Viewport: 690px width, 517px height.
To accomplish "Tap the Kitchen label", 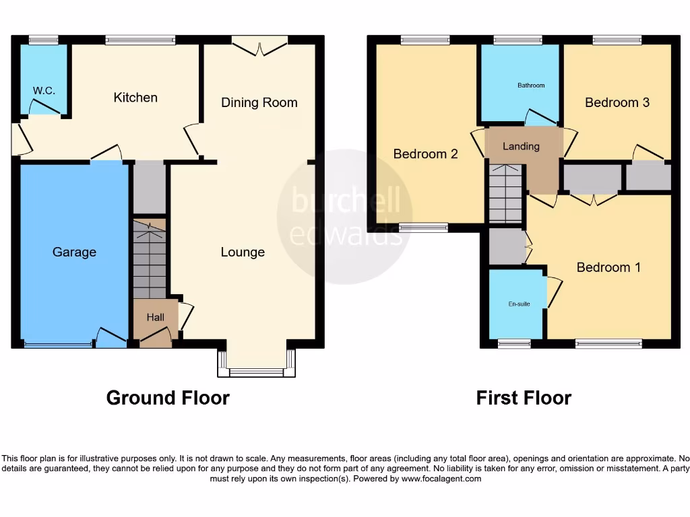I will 135,98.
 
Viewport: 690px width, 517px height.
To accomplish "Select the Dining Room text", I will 259,102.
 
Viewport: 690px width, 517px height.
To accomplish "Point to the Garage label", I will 74,252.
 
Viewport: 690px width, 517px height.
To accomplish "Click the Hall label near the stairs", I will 156,317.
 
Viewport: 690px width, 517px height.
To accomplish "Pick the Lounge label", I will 243,252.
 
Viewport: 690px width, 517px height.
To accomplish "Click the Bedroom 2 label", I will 425,153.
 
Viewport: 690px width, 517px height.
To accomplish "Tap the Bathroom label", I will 531,85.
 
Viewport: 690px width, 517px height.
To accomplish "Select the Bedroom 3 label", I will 617,102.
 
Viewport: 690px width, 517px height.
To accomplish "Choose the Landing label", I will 521,146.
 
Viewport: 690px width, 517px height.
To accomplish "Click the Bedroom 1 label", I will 608,267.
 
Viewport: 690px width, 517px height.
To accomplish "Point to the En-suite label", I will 519,304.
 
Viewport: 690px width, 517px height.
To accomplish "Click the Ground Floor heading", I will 168,398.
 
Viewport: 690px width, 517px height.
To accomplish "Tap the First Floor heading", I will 524,398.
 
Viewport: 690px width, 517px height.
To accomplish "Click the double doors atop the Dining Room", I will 259,46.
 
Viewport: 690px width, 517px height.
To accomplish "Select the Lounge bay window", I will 257,371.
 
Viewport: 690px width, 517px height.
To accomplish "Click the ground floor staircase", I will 149,259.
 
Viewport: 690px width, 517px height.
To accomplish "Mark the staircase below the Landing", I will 505,194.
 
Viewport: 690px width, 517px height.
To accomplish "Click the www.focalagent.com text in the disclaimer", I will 441,479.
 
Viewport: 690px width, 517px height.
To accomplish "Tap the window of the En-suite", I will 514,344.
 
